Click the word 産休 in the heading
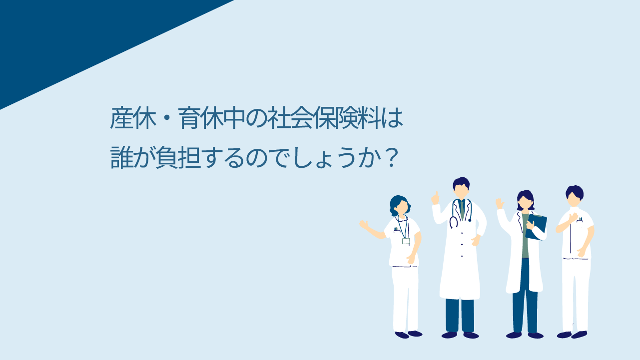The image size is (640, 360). point(133,118)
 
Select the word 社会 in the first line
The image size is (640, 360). point(289,118)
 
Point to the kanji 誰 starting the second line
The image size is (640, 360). point(122,157)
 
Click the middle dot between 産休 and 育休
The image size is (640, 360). point(167,118)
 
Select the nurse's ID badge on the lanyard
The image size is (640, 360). point(406,241)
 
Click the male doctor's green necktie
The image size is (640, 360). point(462,210)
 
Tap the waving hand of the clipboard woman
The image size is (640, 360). point(500,204)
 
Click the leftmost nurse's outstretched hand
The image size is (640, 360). point(364,224)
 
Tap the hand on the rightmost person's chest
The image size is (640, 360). point(573,217)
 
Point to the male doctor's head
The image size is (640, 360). point(461,188)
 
